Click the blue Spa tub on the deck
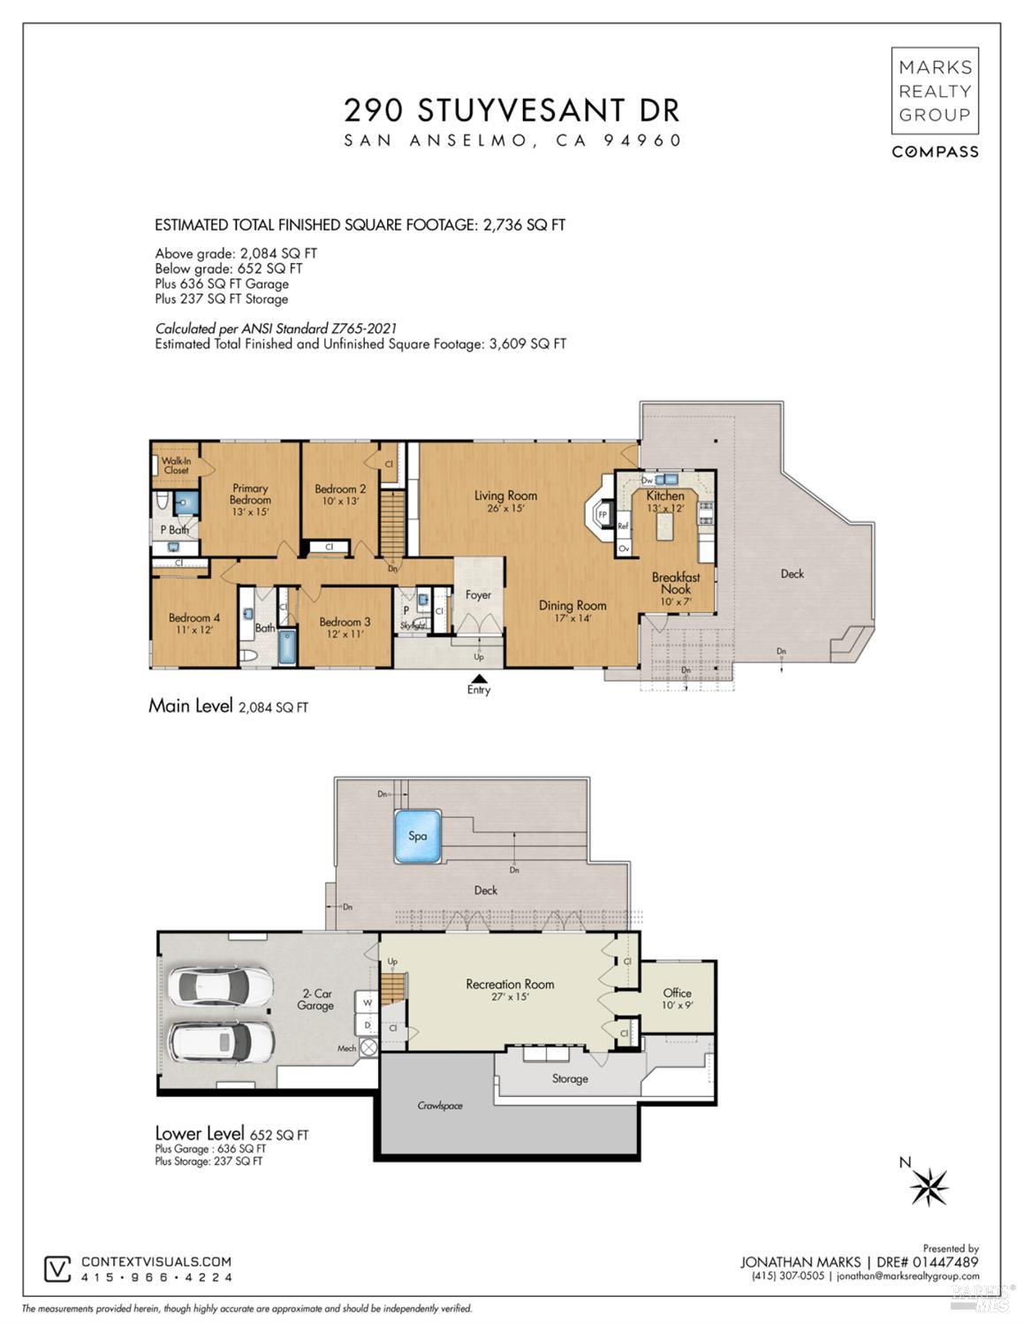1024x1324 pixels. (418, 836)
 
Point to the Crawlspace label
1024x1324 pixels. (440, 1105)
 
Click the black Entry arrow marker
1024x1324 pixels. (478, 677)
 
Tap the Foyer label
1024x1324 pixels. (478, 594)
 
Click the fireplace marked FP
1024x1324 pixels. (602, 513)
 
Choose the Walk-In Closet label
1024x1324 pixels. (176, 465)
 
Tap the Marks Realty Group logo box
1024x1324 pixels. (934, 90)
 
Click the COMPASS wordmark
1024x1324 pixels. (934, 152)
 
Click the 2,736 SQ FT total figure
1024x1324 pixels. (523, 224)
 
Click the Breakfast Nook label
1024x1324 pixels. (676, 583)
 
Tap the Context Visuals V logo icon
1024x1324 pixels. (57, 1268)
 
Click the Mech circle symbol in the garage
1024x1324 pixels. (368, 1048)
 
